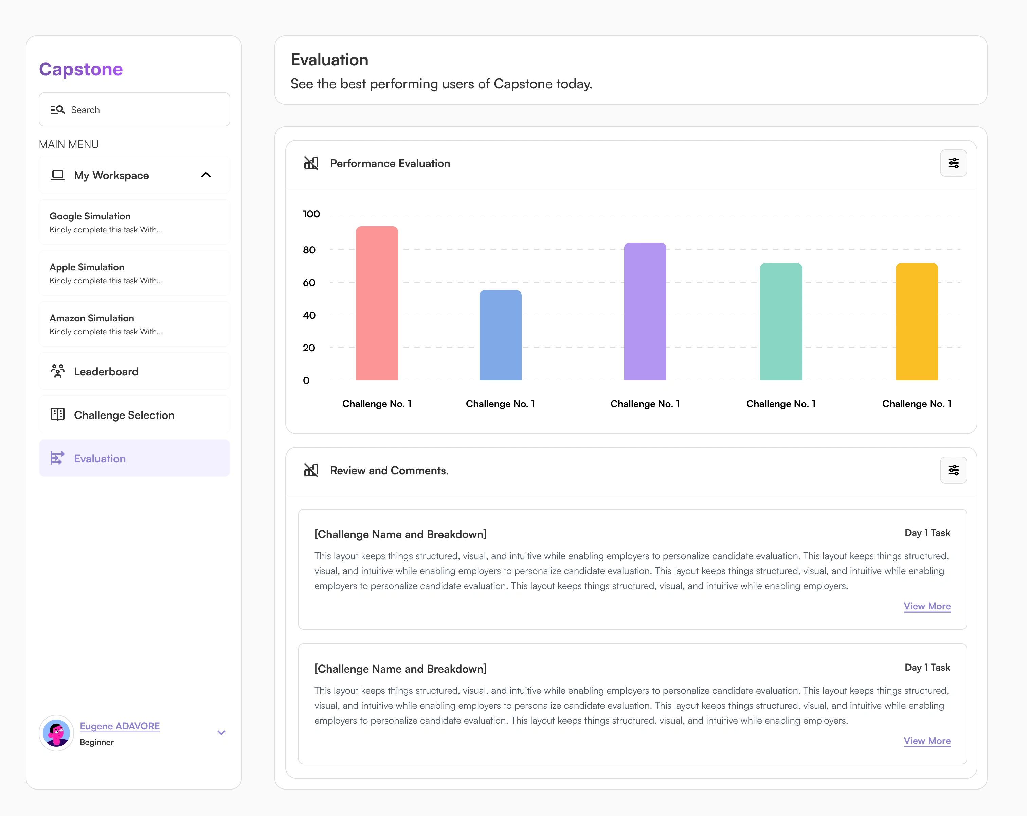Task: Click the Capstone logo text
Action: (x=80, y=69)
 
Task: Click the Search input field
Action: (x=134, y=110)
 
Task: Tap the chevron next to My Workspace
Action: (x=205, y=175)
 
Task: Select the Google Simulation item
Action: (x=134, y=222)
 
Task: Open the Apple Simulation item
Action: (x=134, y=273)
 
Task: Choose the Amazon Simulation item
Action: (x=134, y=324)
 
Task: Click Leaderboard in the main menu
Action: (x=106, y=372)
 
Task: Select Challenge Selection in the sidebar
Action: (x=124, y=415)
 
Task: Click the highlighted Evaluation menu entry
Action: (x=134, y=458)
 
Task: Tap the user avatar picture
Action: (x=56, y=733)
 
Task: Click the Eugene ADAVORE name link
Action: (x=120, y=726)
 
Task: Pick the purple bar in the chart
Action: (x=645, y=312)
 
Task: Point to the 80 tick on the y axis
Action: (x=309, y=250)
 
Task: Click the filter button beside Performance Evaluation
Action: (x=953, y=163)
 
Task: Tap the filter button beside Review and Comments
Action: (x=953, y=470)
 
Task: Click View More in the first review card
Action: (x=926, y=606)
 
